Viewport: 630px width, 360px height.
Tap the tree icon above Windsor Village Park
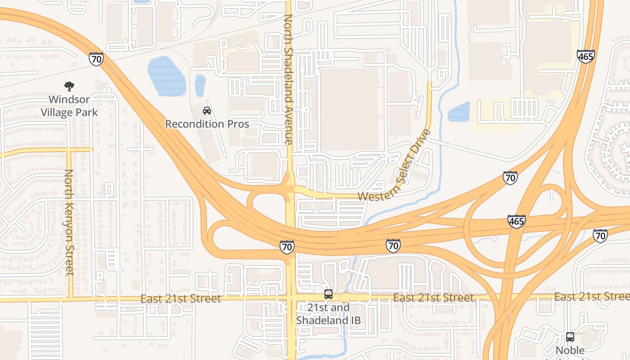(69, 86)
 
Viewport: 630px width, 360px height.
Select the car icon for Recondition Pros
(207, 110)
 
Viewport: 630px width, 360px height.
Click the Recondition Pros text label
(207, 124)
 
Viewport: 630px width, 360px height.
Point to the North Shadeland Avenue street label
(288, 79)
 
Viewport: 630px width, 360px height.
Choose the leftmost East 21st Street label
(180, 299)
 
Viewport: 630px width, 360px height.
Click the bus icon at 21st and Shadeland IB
(328, 294)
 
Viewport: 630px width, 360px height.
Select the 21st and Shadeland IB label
(328, 314)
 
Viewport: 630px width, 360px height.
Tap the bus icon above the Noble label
(570, 337)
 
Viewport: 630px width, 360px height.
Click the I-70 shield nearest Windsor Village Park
(96, 59)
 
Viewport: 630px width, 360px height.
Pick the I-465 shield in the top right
(585, 56)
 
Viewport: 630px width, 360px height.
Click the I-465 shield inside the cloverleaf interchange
(516, 221)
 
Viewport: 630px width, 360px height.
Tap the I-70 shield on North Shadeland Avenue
(287, 247)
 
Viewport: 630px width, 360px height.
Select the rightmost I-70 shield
(600, 235)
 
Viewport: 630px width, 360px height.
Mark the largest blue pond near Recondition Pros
(166, 76)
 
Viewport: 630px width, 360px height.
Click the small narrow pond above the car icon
(200, 85)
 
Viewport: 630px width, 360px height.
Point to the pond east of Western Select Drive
(459, 112)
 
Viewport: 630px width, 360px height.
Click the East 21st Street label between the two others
(433, 298)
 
